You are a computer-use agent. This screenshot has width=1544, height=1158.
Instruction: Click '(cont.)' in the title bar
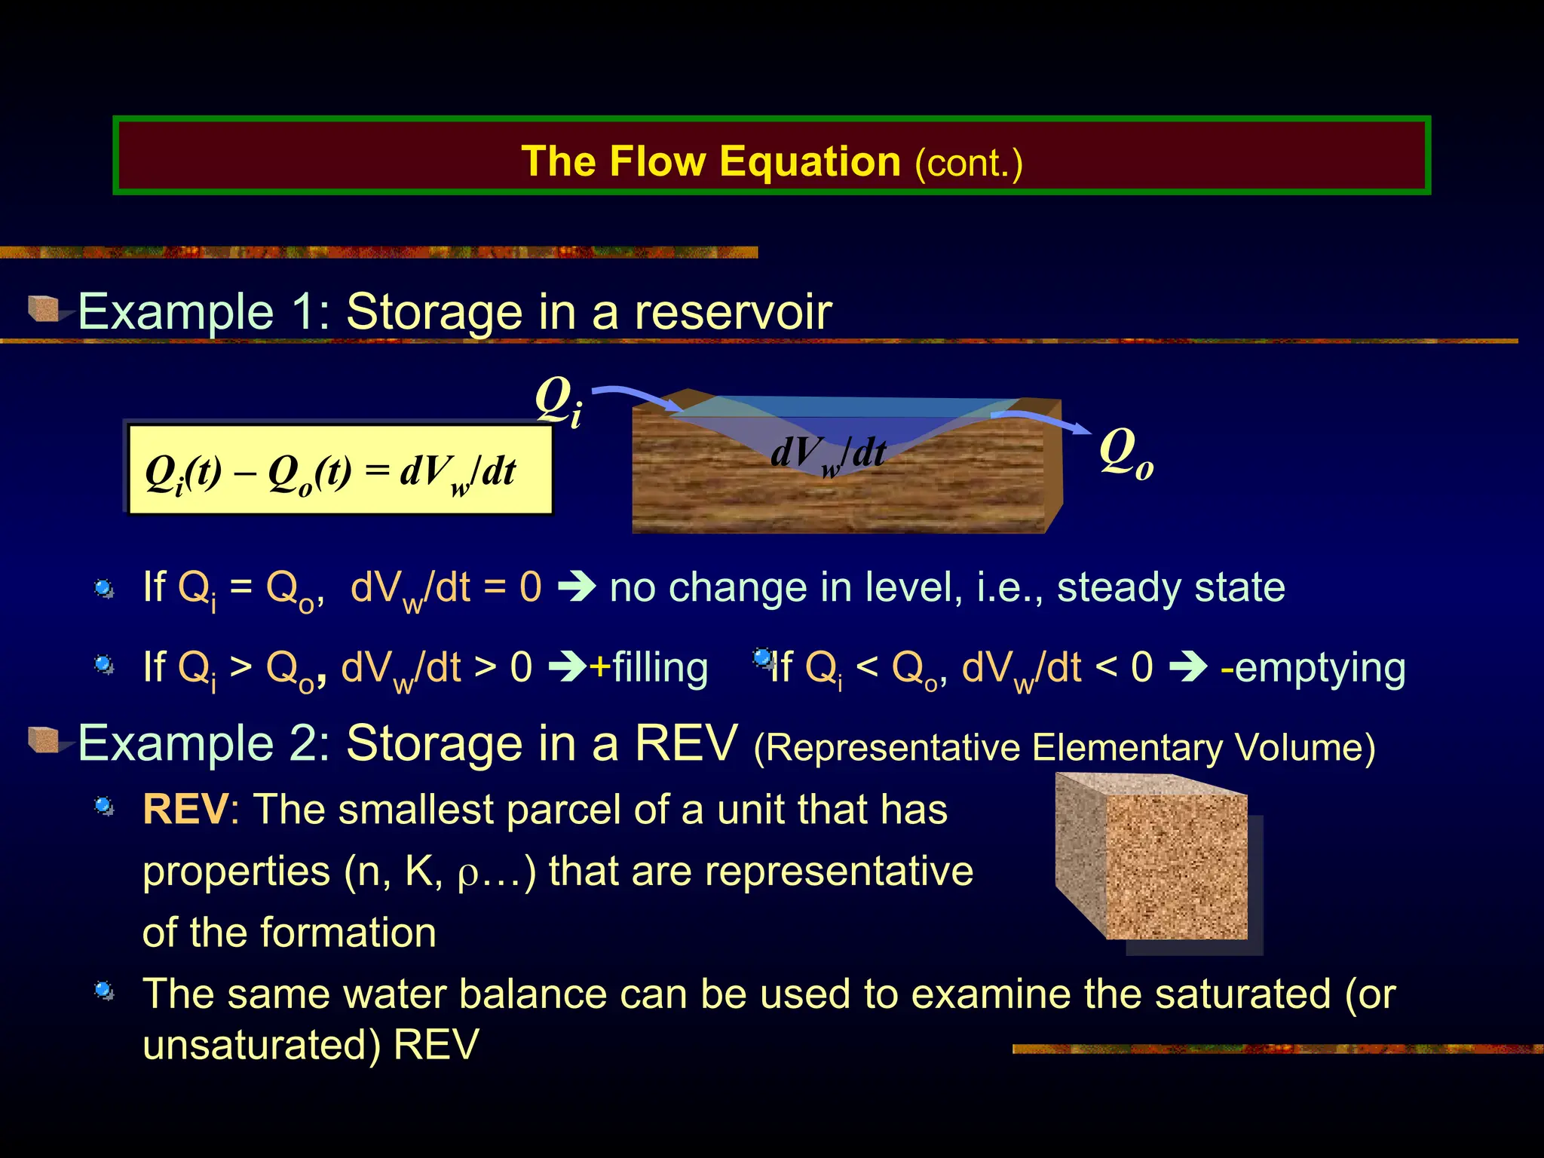click(x=968, y=163)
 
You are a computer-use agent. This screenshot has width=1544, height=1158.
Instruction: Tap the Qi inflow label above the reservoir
click(x=559, y=401)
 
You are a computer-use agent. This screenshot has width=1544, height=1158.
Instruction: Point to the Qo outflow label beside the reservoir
click(x=1126, y=452)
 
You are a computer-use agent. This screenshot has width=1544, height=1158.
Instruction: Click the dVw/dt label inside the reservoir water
click(x=828, y=455)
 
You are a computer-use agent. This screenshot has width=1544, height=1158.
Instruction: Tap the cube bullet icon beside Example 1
click(x=44, y=308)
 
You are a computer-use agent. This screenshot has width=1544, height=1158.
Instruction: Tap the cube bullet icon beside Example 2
click(x=44, y=740)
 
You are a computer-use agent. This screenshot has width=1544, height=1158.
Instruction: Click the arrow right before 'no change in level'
click(x=577, y=587)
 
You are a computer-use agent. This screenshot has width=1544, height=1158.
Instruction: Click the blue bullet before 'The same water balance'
click(x=104, y=991)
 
